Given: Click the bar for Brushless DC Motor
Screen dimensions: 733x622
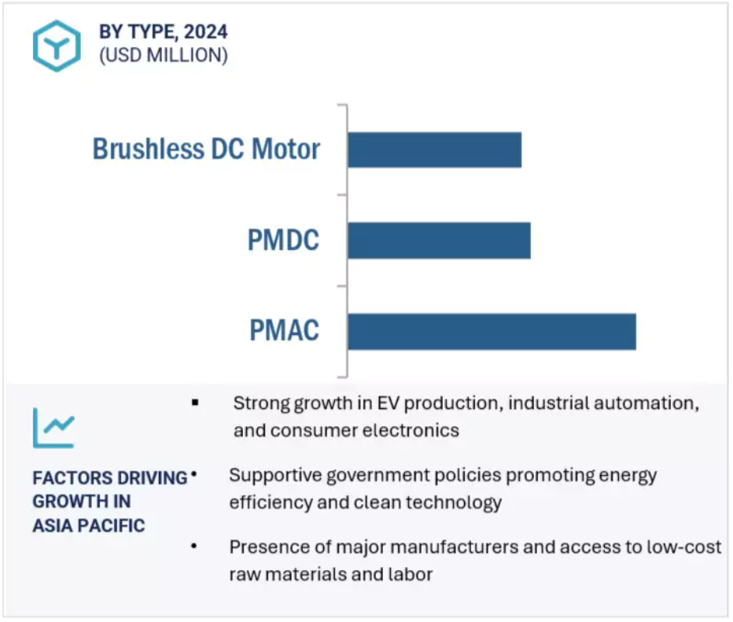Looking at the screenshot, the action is tap(435, 150).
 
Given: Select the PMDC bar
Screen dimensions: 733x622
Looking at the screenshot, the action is tap(440, 241).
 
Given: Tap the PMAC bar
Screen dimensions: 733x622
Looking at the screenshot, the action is tap(492, 332).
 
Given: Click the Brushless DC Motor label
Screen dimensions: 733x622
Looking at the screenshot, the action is tap(206, 149).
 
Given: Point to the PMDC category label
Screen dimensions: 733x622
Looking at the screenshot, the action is tap(283, 240).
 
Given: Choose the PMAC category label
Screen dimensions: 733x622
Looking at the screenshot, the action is tap(284, 330).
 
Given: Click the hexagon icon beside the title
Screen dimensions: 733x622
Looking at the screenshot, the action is tap(57, 46).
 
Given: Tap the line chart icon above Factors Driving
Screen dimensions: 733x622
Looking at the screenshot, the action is tap(53, 428).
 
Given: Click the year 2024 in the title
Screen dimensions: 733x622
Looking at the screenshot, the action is tap(206, 31).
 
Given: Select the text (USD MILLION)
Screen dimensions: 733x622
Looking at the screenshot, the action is tap(164, 56).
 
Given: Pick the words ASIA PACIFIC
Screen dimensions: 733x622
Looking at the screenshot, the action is tap(89, 526).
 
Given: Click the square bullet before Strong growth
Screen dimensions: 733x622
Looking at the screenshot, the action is tap(195, 403).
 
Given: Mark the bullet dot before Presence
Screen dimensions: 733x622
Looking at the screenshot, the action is tap(194, 546).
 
